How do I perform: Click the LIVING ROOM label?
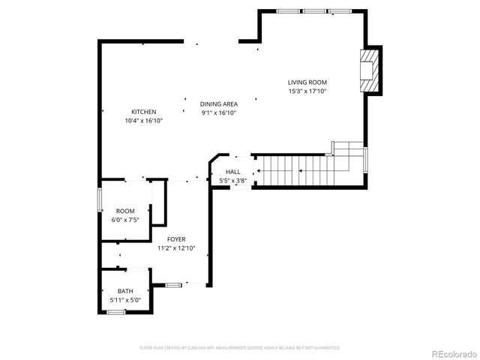(x=307, y=82)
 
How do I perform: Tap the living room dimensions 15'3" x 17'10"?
(x=307, y=91)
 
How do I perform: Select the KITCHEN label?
(x=143, y=112)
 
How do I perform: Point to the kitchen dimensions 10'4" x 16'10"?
(x=143, y=121)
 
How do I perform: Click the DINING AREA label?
(x=219, y=103)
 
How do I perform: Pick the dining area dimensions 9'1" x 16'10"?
(x=219, y=112)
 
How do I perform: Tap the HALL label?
(x=233, y=172)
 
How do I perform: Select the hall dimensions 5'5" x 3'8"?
(x=233, y=181)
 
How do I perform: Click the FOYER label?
(x=176, y=239)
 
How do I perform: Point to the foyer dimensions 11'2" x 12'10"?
(x=176, y=248)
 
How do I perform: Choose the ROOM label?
(x=124, y=211)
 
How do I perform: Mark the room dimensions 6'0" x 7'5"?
(x=124, y=220)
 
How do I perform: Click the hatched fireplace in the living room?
(x=368, y=70)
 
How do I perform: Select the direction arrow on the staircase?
(x=300, y=171)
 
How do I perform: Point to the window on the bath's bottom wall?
(x=115, y=311)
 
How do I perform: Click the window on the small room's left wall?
(x=100, y=201)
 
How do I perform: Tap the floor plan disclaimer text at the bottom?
(x=240, y=348)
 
